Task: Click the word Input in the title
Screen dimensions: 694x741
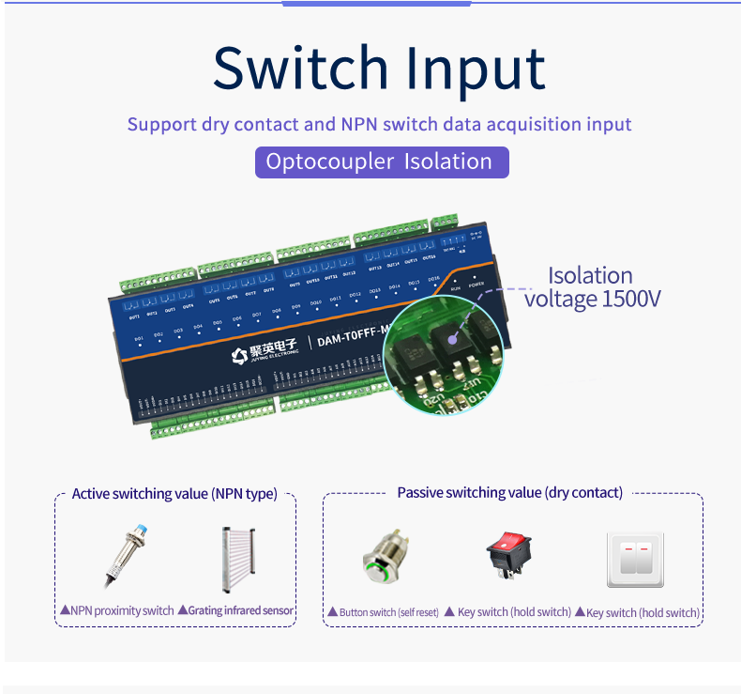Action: click(x=476, y=70)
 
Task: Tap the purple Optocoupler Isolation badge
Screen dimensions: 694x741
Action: click(x=382, y=162)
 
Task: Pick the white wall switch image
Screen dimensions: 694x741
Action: click(x=636, y=560)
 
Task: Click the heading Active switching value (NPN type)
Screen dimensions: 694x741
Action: click(x=174, y=494)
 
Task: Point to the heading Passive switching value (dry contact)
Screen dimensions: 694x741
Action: click(x=509, y=493)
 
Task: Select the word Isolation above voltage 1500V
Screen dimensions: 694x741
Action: click(x=590, y=276)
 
